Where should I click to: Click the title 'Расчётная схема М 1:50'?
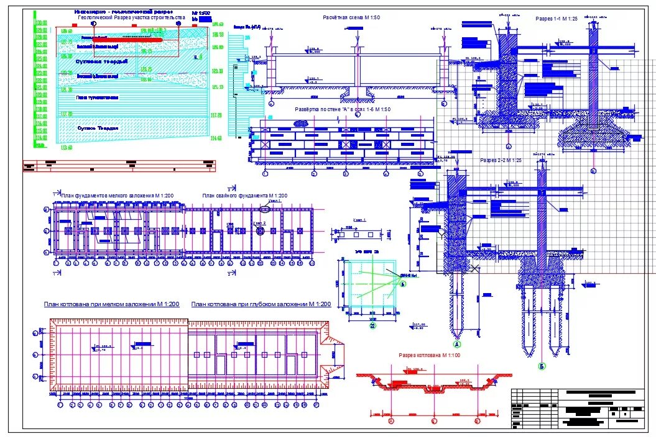tap(351, 17)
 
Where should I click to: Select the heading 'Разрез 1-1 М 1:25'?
tap(557, 19)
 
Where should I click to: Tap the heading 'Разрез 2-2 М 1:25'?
tap(501, 160)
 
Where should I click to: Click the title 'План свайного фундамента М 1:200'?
tap(244, 196)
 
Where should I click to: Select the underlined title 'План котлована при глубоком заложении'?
tap(261, 304)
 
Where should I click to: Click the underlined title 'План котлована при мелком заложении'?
tap(111, 304)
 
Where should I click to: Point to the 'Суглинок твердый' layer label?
tap(101, 61)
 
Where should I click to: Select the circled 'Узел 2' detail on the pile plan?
tap(261, 230)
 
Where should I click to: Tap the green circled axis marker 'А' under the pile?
tap(457, 344)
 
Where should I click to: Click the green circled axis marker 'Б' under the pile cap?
tap(542, 366)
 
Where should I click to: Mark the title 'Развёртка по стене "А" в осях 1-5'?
tap(343, 109)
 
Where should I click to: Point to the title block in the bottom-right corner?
tap(578, 409)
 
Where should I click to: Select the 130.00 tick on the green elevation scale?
tap(41, 23)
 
